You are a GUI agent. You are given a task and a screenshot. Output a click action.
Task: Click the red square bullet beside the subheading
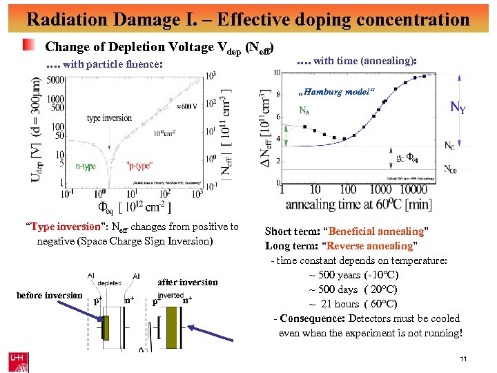(28, 46)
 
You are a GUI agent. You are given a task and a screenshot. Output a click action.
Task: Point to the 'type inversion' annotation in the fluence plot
(109, 118)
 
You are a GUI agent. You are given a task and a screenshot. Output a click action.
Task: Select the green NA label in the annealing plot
(304, 110)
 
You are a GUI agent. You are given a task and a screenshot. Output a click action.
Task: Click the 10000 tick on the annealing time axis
(414, 189)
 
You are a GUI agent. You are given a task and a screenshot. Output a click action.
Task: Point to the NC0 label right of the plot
(450, 169)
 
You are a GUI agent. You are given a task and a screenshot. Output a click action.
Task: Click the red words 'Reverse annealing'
(371, 246)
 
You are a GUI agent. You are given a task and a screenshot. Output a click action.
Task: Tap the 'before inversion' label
(50, 296)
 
